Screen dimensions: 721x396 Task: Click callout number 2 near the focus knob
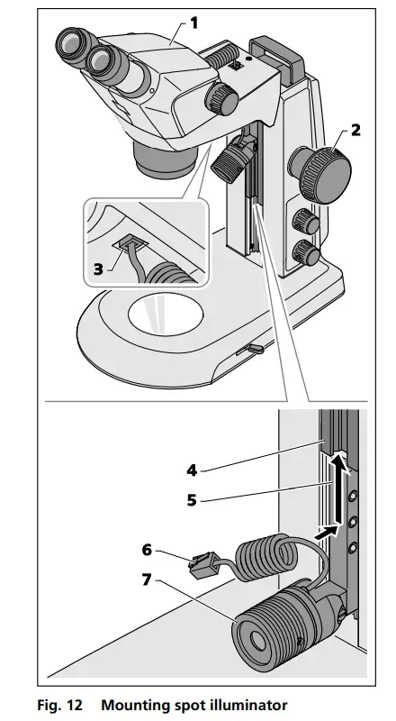(x=355, y=130)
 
